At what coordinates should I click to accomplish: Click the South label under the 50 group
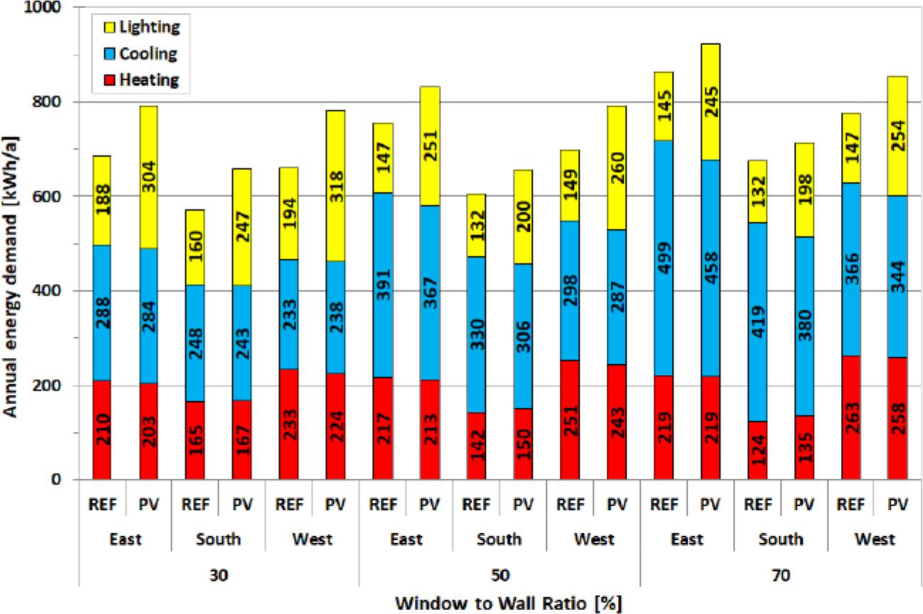pyautogui.click(x=500, y=539)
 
